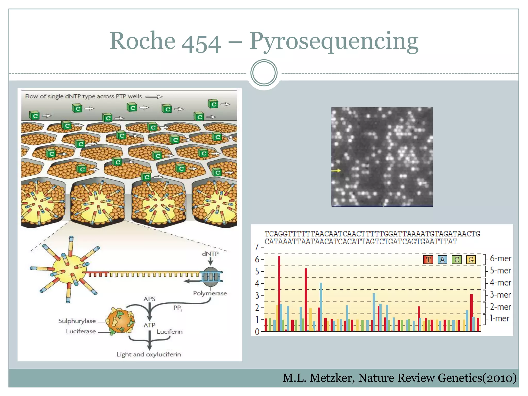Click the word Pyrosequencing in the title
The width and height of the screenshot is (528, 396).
pyautogui.click(x=334, y=41)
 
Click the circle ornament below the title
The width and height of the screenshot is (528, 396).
pyautogui.click(x=264, y=73)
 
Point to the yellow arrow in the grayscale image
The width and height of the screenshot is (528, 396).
pyautogui.click(x=336, y=170)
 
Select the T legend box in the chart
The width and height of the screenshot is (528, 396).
pyautogui.click(x=428, y=259)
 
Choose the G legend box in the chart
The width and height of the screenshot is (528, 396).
pyautogui.click(x=471, y=259)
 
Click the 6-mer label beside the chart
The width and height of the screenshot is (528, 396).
pyautogui.click(x=500, y=258)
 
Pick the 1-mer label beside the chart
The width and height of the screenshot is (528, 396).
pyautogui.click(x=499, y=318)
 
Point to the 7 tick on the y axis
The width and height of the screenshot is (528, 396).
pyautogui.click(x=257, y=247)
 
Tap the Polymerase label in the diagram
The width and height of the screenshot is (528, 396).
pyautogui.click(x=210, y=293)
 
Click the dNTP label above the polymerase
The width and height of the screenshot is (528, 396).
pyautogui.click(x=210, y=254)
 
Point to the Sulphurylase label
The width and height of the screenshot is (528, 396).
pyautogui.click(x=77, y=321)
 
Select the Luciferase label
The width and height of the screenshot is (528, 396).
pyautogui.click(x=81, y=331)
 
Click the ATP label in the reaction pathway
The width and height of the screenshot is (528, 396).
pyautogui.click(x=150, y=325)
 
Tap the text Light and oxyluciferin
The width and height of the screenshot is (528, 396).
pyautogui.click(x=148, y=354)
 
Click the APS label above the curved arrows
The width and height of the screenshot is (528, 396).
pyautogui.click(x=150, y=299)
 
